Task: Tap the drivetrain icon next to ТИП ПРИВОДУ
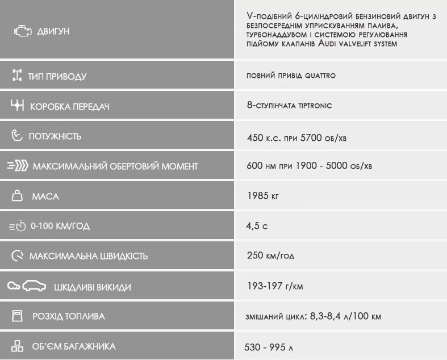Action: tap(17, 76)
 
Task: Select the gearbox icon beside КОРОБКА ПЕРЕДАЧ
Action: tap(18, 106)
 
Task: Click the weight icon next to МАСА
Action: tap(18, 196)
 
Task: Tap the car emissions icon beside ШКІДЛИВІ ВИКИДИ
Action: tap(26, 286)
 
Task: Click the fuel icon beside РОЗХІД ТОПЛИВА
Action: tap(18, 316)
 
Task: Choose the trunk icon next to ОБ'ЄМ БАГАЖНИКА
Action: tap(18, 346)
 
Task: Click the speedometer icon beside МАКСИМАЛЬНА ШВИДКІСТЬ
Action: tap(18, 256)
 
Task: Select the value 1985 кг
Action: tap(263, 196)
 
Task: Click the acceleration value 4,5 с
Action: tap(257, 226)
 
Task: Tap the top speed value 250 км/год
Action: tap(270, 256)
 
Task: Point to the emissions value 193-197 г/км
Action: tap(275, 286)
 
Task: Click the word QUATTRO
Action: tap(320, 76)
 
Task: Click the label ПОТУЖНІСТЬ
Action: tap(55, 136)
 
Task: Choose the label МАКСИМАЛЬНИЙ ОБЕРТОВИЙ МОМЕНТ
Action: tap(115, 166)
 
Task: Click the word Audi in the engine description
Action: tap(329, 43)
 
